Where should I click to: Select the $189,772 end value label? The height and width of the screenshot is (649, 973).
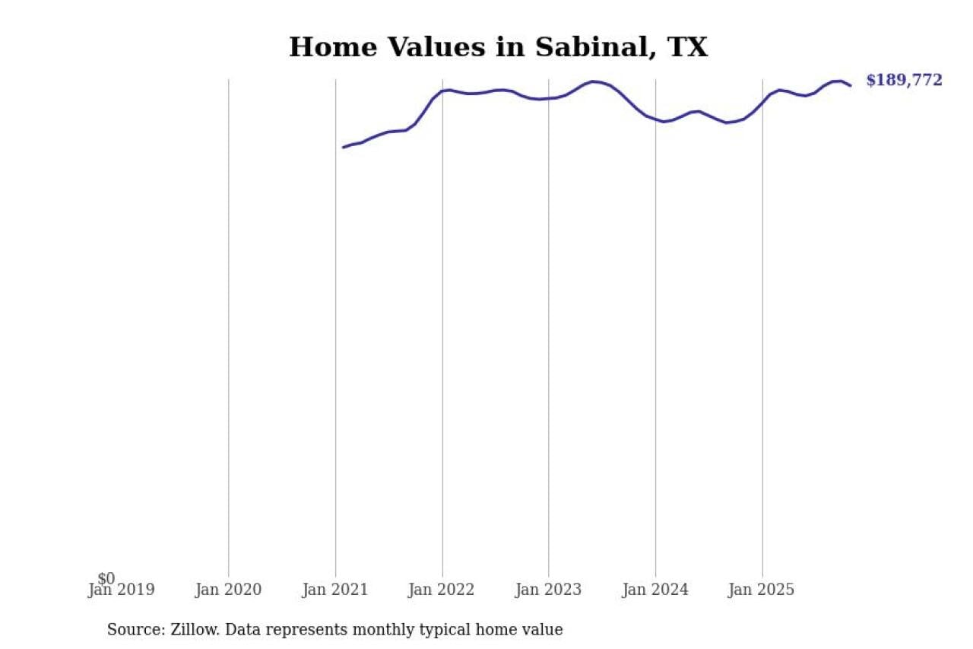tap(904, 80)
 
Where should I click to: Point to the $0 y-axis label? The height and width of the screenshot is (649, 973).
tap(106, 578)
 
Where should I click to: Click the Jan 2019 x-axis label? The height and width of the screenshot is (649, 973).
tap(122, 590)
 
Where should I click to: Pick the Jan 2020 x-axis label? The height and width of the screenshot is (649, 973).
tap(228, 590)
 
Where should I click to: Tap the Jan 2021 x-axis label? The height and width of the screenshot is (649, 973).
tap(335, 590)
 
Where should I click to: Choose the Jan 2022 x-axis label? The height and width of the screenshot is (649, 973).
tap(442, 590)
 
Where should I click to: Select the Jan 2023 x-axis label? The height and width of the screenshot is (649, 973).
tap(549, 590)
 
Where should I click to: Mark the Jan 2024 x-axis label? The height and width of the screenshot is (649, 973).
tap(655, 590)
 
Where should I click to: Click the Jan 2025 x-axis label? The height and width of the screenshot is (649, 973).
tap(762, 590)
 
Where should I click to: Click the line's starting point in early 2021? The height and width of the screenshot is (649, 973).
tap(344, 147)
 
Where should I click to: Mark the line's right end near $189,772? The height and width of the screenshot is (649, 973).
tap(850, 85)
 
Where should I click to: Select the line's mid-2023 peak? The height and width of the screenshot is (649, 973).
tap(594, 81)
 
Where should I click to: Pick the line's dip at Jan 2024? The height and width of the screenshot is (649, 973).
tap(663, 122)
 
